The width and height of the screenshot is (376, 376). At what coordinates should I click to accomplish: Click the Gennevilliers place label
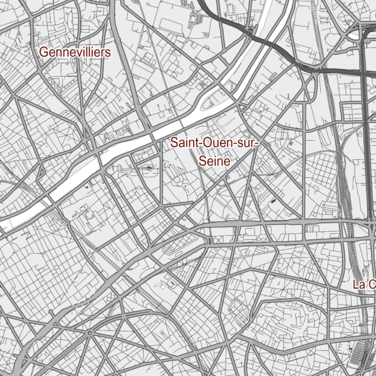pyautogui.click(x=75, y=52)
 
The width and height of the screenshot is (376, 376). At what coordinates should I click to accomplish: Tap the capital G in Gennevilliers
pyautogui.click(x=44, y=52)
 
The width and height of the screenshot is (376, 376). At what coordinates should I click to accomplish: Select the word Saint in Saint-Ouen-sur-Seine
pyautogui.click(x=184, y=144)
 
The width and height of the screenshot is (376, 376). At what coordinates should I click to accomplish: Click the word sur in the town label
pyautogui.click(x=244, y=144)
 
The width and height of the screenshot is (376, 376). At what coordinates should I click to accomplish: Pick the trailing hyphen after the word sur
pyautogui.click(x=257, y=144)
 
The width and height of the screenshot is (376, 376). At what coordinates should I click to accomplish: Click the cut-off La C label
pyautogui.click(x=363, y=285)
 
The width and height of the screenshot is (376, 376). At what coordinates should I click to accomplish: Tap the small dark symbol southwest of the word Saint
pyautogui.click(x=149, y=167)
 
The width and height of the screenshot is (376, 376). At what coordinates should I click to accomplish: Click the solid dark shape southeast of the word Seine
pyautogui.click(x=274, y=201)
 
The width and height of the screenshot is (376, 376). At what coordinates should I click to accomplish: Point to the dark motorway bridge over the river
pyautogui.click(x=251, y=31)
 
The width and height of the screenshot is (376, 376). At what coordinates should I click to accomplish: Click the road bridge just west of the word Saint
pyautogui.click(x=153, y=135)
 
